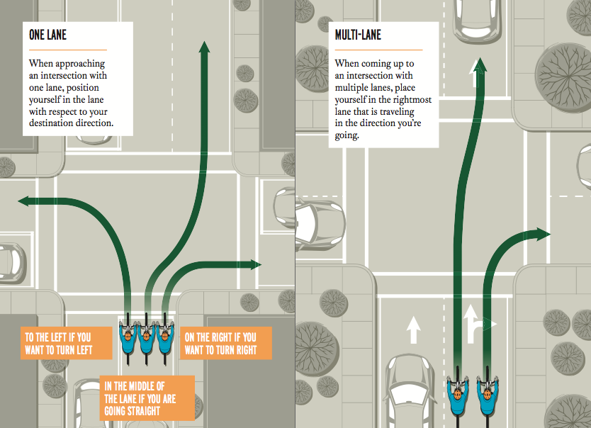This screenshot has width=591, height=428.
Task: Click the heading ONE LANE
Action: pos(47,33)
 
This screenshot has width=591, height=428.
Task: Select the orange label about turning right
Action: pos(220,344)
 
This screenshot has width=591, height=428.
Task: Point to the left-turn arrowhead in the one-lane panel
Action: pos(24,201)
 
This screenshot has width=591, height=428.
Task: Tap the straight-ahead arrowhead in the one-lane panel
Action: pos(204,48)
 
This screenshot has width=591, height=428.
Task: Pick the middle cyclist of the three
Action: pos(146,339)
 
